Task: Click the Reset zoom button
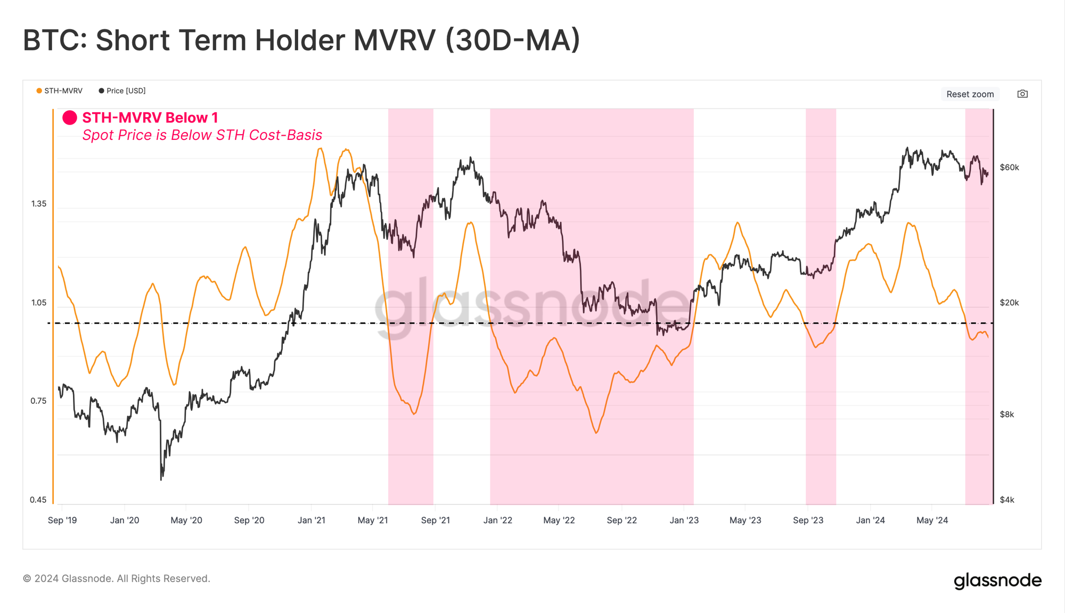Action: pos(970,94)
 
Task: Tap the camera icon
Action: pos(1022,94)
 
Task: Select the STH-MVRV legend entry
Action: pos(60,91)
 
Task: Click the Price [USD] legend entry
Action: pos(122,91)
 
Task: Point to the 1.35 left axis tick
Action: pos(39,204)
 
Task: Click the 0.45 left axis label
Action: pos(38,500)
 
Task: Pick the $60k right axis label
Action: pos(1009,168)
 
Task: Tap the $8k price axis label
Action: pos(1006,415)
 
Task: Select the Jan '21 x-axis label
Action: pos(312,520)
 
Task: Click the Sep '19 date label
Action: pos(62,520)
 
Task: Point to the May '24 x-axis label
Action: pos(932,520)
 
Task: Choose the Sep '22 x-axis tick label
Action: pos(622,520)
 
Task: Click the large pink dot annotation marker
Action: pos(70,118)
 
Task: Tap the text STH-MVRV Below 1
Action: pos(150,118)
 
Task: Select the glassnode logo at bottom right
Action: pos(997,581)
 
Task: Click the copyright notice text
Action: pos(117,578)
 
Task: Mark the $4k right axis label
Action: pos(1006,500)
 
